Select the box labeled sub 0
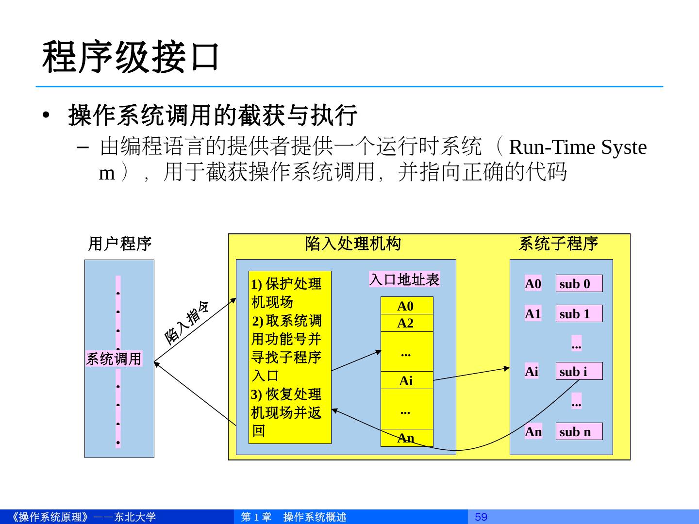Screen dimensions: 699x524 579,284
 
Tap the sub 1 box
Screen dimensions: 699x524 579,314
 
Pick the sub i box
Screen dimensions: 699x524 579,371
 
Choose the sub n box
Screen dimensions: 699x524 579,431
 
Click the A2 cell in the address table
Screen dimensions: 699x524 406,323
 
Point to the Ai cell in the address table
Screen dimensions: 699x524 406,381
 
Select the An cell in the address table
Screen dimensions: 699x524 406,438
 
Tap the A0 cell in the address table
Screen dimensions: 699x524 406,306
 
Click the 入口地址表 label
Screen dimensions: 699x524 404,279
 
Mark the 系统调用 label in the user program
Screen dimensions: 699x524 114,359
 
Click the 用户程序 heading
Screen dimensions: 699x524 119,244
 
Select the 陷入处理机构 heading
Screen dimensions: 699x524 353,244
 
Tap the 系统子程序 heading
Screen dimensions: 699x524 558,244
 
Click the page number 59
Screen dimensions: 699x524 481,517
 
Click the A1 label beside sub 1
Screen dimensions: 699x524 533,314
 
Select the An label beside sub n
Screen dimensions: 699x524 533,431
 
